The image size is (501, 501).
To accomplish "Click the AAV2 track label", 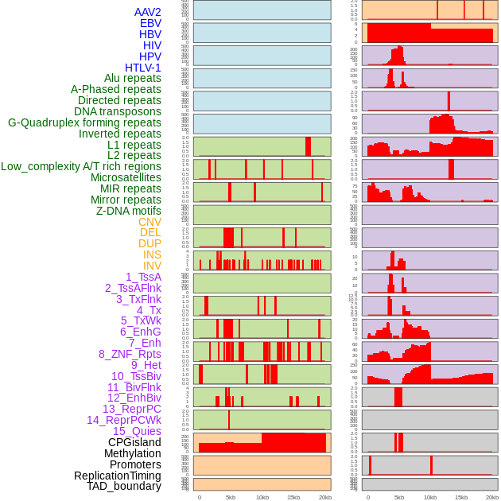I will (147, 12).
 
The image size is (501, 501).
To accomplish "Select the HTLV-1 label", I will (142, 68).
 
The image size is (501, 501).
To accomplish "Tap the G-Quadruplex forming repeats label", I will (84, 122).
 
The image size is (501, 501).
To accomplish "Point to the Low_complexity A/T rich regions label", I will (81, 166).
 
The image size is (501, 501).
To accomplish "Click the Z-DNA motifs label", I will (129, 211).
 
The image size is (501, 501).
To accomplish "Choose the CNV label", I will (150, 222).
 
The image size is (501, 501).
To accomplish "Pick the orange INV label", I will (152, 266).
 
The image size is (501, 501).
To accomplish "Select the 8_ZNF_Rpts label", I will (130, 354).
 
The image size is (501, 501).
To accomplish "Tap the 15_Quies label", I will (137, 431).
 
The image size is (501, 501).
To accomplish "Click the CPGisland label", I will (134, 442).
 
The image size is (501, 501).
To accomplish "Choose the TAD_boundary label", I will (124, 486).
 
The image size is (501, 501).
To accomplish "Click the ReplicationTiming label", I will (118, 476).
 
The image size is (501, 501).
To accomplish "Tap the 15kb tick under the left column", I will (293, 497).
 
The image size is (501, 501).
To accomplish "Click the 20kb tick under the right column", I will (492, 497).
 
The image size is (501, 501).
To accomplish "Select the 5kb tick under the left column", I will (231, 497).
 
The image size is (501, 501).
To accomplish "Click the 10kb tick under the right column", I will (430, 497).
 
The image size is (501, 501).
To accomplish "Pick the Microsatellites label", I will (126, 177).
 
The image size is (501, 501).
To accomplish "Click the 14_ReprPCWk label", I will (124, 420).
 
